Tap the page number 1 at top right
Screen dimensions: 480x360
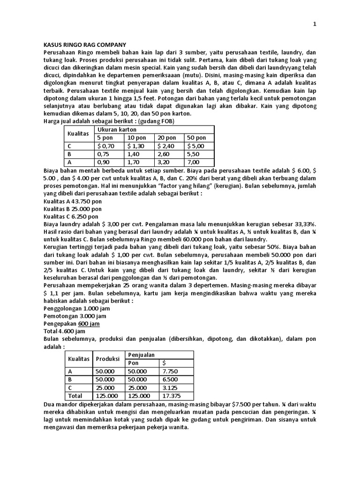tap(315, 24)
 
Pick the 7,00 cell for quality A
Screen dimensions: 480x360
tap(194, 162)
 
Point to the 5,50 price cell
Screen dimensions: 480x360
tap(194, 154)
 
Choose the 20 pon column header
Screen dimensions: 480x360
tap(167, 137)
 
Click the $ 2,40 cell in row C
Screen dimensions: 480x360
tap(167, 146)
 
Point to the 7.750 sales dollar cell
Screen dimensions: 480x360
tap(170, 371)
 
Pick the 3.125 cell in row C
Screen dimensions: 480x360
tap(170, 388)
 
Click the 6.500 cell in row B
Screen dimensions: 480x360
tap(170, 380)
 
